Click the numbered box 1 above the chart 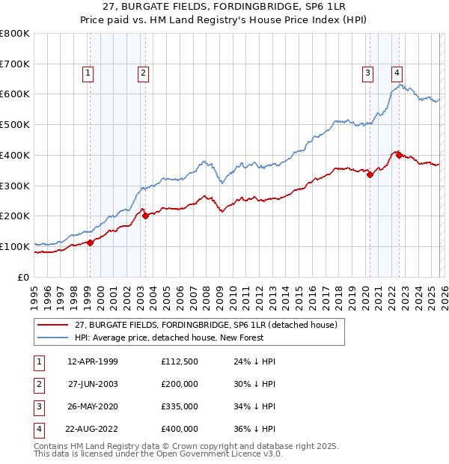click(88, 73)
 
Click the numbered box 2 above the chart click(142, 73)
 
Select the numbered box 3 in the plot click(368, 73)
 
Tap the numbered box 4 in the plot click(397, 73)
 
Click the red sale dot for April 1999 click(90, 242)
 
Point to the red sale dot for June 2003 click(145, 216)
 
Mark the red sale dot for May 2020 click(370, 174)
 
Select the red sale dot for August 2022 click(399, 155)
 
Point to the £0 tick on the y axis click(24, 277)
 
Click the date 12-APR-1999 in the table click(92, 361)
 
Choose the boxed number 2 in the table click(39, 384)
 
